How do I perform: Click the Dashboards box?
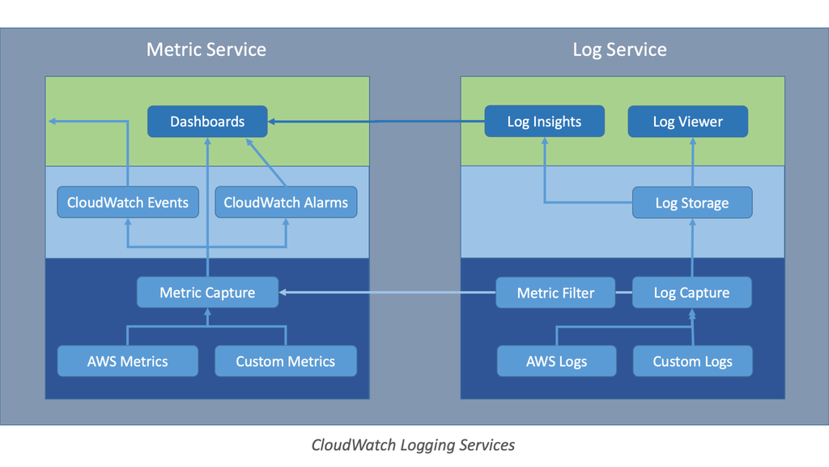click(x=207, y=122)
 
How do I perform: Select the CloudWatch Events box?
click(x=128, y=203)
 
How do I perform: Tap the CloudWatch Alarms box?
click(x=286, y=203)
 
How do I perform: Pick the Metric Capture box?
click(x=207, y=293)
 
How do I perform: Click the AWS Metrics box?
click(x=128, y=362)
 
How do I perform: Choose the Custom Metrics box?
click(x=286, y=362)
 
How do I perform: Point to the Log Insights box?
click(x=544, y=122)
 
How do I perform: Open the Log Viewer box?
click(x=688, y=122)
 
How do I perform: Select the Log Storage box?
click(x=692, y=203)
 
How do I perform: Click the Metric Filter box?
click(x=555, y=293)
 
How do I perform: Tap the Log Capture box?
click(x=692, y=293)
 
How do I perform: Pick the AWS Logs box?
click(x=556, y=362)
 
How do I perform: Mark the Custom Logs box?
click(x=693, y=362)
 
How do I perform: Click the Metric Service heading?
click(x=206, y=49)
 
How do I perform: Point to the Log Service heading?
click(x=619, y=49)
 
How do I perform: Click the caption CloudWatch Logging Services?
click(x=413, y=444)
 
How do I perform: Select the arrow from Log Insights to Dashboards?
click(x=376, y=122)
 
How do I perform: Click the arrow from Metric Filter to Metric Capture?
click(x=387, y=293)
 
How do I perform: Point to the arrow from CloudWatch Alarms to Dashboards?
click(x=267, y=162)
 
